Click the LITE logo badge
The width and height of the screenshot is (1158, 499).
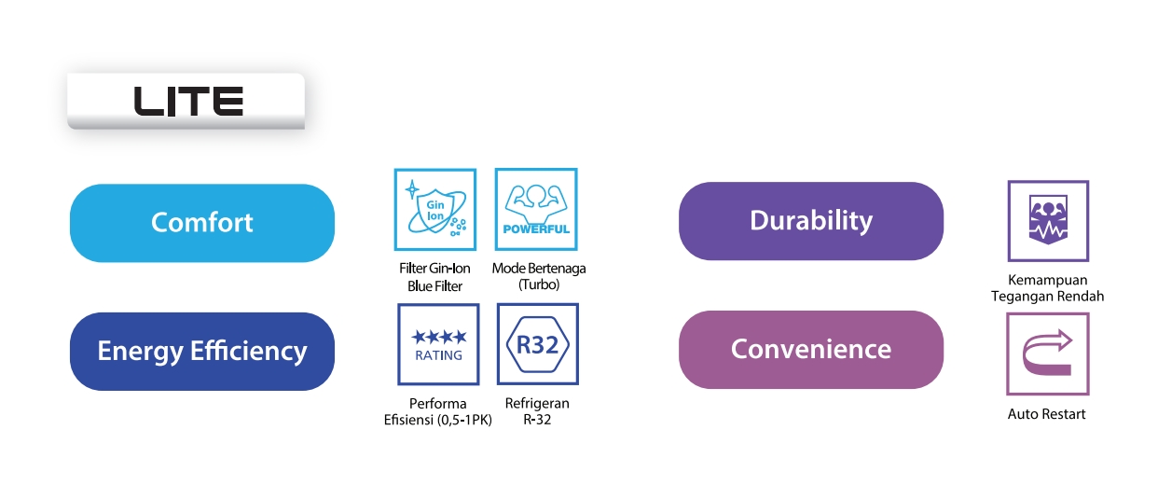coord(186,101)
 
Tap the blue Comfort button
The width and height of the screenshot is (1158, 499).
coord(202,223)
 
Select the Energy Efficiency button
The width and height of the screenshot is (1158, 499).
coord(202,351)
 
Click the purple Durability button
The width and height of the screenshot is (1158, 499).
coord(811,221)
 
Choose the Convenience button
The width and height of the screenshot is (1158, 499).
coord(811,350)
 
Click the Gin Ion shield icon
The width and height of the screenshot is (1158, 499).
coord(435,210)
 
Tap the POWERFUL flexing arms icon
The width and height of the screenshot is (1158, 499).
coord(536,209)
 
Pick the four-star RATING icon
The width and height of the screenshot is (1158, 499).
coord(438,344)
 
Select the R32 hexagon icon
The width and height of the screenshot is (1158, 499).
coord(538,344)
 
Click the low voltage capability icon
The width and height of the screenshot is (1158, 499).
coord(1048,221)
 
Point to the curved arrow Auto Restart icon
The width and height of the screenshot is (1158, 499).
coord(1048,353)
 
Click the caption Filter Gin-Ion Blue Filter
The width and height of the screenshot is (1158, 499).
coord(434,277)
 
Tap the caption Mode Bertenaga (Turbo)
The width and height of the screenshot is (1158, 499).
coord(539,276)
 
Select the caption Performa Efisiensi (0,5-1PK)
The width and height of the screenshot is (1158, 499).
coord(438,411)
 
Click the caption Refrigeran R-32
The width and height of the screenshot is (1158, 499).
coord(537,411)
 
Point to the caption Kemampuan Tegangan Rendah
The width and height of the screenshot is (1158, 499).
coord(1047,288)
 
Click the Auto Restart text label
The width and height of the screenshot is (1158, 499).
coord(1046,414)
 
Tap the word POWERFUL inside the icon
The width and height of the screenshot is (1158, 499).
coord(536,229)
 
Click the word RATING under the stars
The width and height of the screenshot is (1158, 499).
coord(438,355)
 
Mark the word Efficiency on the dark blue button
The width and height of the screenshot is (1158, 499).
coord(249,351)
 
